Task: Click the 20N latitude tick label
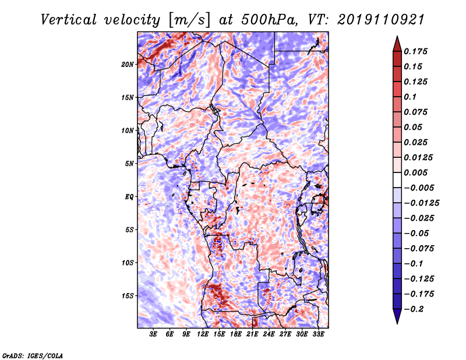coord(128,64)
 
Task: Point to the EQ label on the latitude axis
coord(129,196)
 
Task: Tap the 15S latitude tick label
coord(128,296)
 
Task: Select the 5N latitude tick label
coord(129,164)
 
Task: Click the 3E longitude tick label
coord(153,335)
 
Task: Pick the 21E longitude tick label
coord(252,335)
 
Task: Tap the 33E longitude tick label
coord(318,335)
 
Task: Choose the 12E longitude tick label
coord(203,335)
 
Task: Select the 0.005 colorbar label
coord(417,173)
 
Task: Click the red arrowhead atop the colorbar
coord(397,43)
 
